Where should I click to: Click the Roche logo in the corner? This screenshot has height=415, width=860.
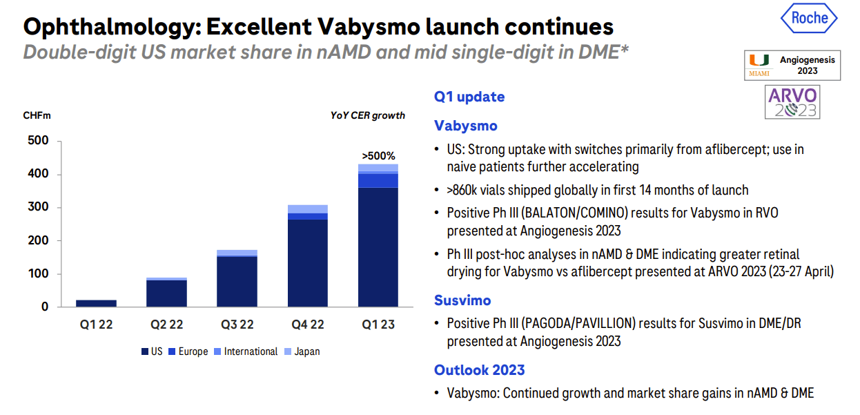point(810,19)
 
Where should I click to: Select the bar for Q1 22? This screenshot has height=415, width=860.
point(96,303)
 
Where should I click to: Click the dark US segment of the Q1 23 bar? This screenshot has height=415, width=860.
point(378,247)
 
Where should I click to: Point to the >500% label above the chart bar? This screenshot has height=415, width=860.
point(378,156)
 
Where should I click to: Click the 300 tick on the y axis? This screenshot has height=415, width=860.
point(40,208)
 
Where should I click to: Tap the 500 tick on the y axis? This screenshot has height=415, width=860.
point(40,142)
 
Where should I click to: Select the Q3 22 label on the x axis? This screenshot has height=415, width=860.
point(237,325)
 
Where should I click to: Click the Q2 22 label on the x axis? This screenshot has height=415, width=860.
point(166,325)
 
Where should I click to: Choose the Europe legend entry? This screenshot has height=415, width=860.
point(188,351)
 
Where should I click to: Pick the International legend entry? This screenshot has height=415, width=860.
point(246,351)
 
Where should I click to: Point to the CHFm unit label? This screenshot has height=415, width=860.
point(37,116)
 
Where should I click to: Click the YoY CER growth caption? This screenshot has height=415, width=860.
point(367,115)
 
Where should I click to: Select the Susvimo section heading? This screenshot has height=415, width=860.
point(462,300)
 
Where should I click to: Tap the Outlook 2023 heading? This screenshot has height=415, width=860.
point(479,370)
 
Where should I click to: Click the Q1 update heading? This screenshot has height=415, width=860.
point(469,97)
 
